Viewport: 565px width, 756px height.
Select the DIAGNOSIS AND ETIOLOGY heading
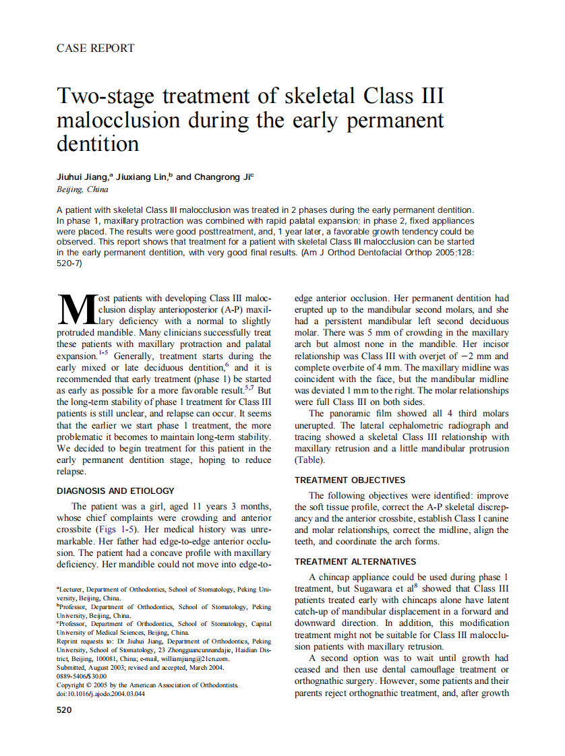(115, 491)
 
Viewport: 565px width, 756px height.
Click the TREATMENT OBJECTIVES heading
(350, 480)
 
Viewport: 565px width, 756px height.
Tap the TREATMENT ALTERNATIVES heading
(355, 561)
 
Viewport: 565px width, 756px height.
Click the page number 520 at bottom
(64, 710)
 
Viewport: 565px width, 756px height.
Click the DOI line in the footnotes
(100, 693)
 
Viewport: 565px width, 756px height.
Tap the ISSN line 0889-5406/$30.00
(82, 676)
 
